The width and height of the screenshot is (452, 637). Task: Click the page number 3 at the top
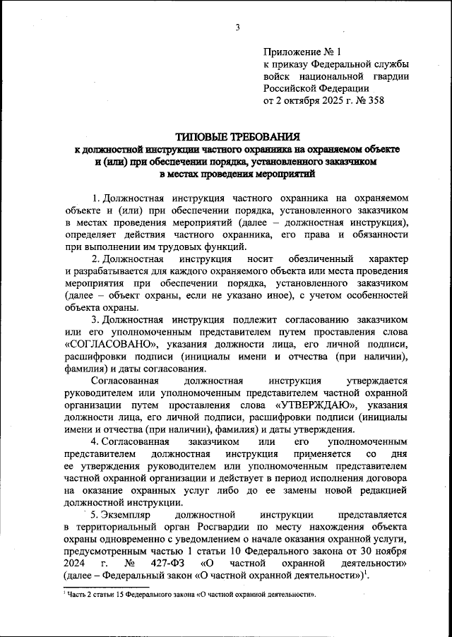click(x=238, y=28)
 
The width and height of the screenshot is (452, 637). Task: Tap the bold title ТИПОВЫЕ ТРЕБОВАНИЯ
click(x=237, y=136)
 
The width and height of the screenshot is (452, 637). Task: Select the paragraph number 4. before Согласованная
click(x=97, y=441)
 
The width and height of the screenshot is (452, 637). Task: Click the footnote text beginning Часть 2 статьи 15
click(x=190, y=595)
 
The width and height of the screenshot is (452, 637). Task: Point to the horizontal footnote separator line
click(x=106, y=586)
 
